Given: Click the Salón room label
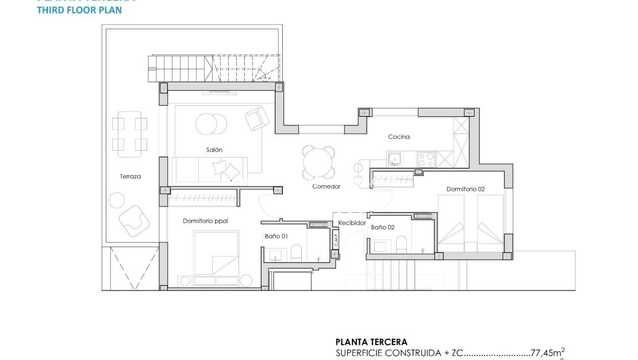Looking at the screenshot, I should click(x=214, y=150).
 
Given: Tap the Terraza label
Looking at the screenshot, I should click(x=130, y=177).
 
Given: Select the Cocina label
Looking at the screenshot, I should click(x=399, y=137).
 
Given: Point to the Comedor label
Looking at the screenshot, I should click(x=326, y=186).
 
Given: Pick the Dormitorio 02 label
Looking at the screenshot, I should click(x=466, y=189).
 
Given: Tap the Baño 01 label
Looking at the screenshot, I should click(x=276, y=236).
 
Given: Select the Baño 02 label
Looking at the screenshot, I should click(x=383, y=228).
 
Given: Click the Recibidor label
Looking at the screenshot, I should click(x=352, y=223).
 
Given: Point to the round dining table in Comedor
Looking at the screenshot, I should click(x=319, y=162).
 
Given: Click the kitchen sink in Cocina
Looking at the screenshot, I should click(x=395, y=158).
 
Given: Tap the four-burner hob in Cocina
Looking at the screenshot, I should click(x=426, y=158).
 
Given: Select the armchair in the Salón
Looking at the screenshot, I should click(x=256, y=118).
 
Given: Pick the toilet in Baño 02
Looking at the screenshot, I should click(x=401, y=244).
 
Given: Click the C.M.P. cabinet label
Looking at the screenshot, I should click(x=336, y=238).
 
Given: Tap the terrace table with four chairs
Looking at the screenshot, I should click(x=129, y=134).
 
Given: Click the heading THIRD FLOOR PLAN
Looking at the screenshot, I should click(x=79, y=10).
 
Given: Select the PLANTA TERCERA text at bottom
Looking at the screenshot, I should click(x=371, y=342).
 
